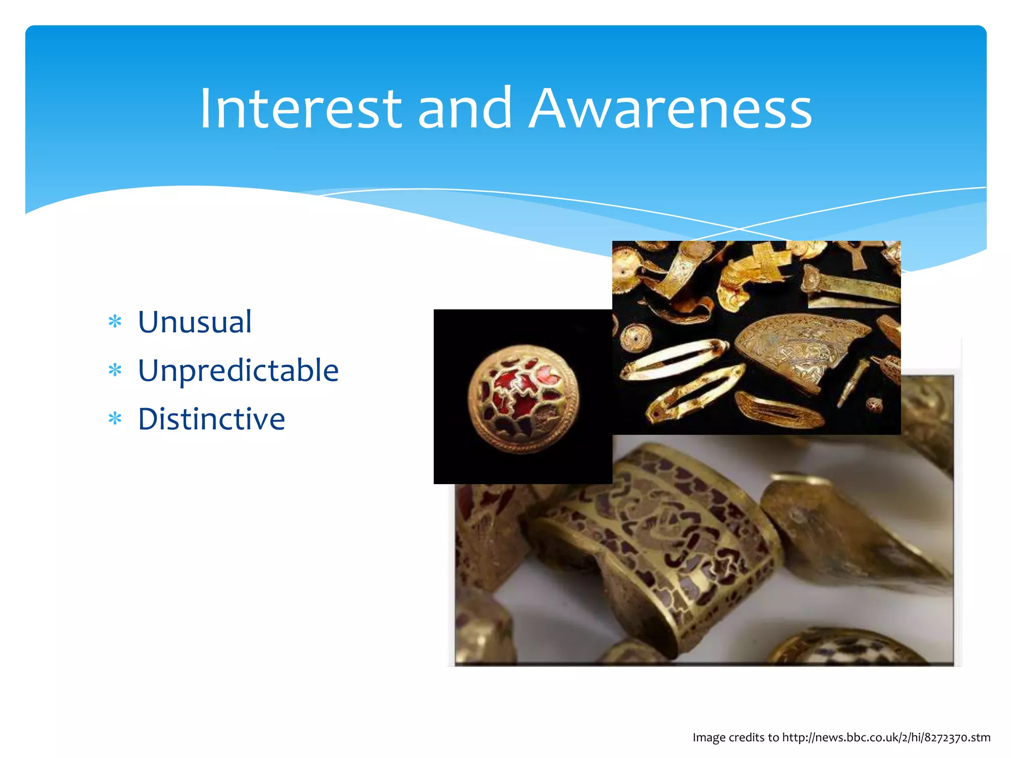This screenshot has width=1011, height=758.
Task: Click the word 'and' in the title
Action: [x=465, y=108]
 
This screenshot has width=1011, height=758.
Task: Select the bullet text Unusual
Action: [x=194, y=322]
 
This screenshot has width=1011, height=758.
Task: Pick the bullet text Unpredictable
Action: [x=238, y=370]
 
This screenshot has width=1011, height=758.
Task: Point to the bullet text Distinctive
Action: [x=211, y=419]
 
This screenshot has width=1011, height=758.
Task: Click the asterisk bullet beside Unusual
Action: [x=115, y=322]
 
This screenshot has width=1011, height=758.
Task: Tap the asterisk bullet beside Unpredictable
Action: [x=115, y=370]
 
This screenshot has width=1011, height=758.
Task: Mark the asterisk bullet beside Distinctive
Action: [x=115, y=419]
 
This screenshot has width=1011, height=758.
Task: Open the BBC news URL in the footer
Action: [x=886, y=737]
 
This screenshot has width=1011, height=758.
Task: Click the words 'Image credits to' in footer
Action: [x=735, y=737]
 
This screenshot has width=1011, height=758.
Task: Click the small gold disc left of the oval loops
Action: [x=635, y=339]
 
